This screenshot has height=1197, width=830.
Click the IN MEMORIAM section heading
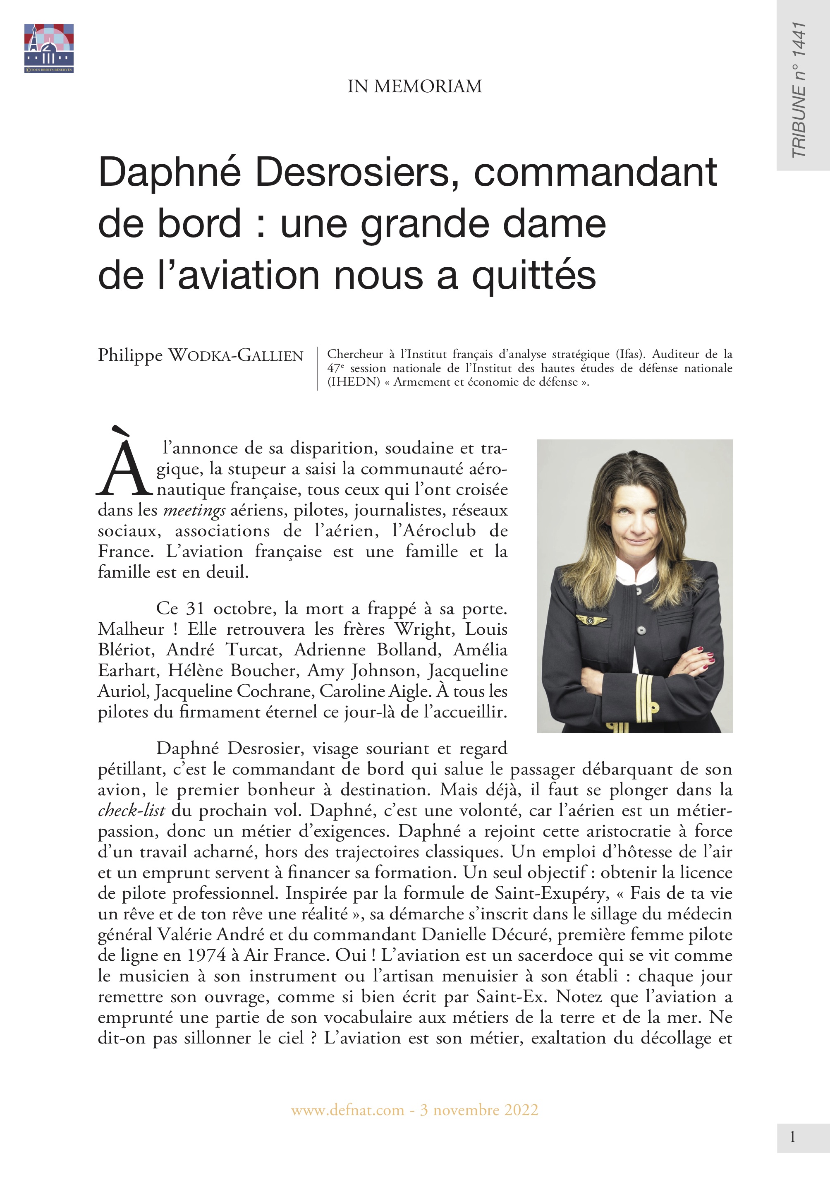(414, 86)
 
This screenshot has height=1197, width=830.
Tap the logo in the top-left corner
(49, 48)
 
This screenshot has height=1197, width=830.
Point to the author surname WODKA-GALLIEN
(236, 356)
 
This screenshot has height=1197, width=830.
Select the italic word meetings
(194, 510)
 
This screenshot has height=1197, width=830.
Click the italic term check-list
(132, 811)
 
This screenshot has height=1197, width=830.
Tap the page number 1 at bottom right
(792, 1137)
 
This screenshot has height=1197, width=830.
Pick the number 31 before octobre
(196, 609)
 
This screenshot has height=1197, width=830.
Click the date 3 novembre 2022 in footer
(479, 1110)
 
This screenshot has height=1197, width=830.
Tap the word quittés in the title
(533, 275)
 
